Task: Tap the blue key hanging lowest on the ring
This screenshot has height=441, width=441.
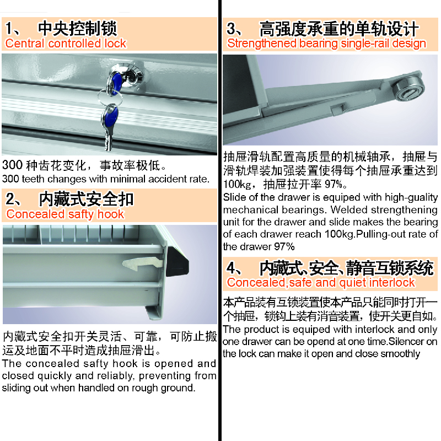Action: point(109,127)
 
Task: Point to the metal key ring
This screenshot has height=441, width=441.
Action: point(110,97)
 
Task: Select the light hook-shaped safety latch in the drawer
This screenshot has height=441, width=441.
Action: point(143,264)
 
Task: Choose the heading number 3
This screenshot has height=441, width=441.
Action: point(232,29)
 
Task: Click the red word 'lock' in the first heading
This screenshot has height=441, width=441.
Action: point(115,44)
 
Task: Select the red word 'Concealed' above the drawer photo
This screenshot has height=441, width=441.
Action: point(35,214)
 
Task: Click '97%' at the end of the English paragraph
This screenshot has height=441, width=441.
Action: point(284,246)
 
